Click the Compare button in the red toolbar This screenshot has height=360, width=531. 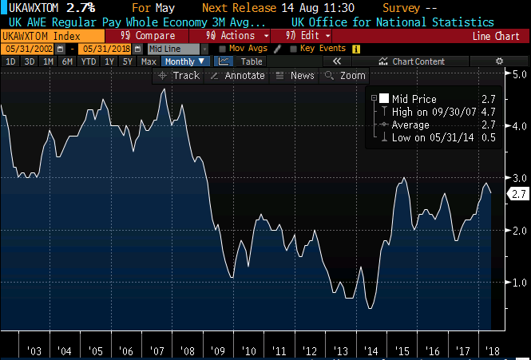tap(150, 36)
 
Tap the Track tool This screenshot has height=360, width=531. tap(180, 75)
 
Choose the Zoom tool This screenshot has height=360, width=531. tap(345, 75)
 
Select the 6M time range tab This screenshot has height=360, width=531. tap(67, 61)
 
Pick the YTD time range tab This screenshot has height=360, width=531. tap(89, 61)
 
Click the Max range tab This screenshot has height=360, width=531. tap(149, 61)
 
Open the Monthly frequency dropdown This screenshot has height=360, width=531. tap(185, 61)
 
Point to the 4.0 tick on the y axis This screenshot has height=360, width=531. tap(519, 126)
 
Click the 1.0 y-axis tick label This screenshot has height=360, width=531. tap(519, 282)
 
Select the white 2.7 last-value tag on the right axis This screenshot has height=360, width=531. tap(519, 194)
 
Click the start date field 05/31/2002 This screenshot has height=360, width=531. tap(22, 49)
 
